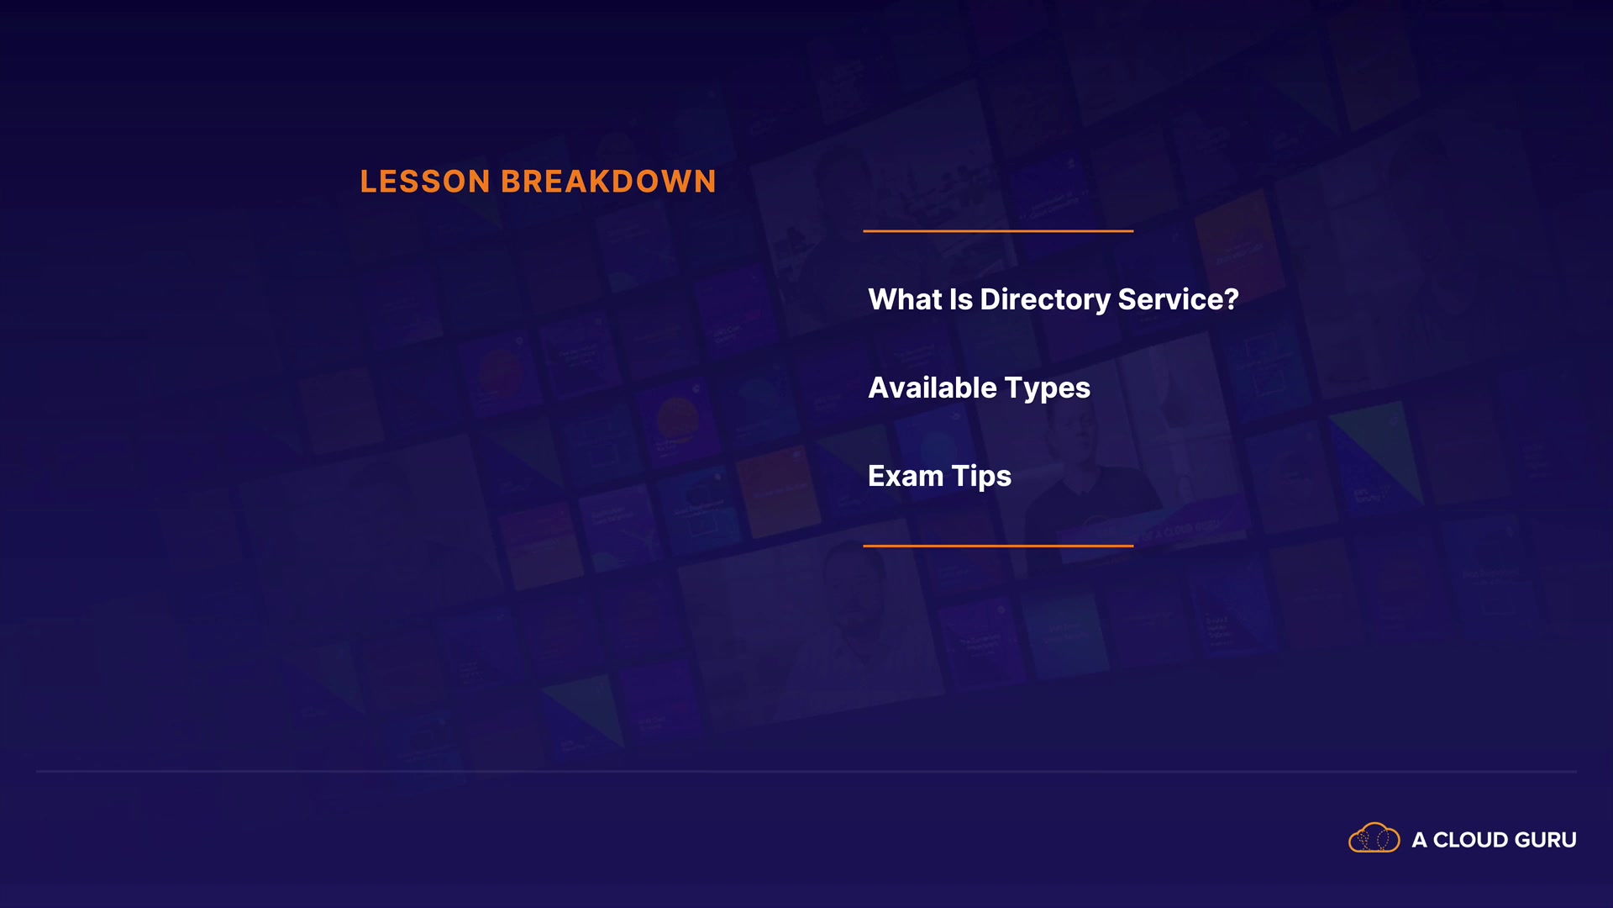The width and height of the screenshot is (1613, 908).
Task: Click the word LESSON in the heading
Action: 425,182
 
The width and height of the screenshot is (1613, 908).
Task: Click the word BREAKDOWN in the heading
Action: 609,182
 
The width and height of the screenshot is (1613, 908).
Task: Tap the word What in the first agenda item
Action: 905,299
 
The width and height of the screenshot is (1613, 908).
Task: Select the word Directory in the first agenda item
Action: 1045,301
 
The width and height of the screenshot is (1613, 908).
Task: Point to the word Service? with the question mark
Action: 1179,299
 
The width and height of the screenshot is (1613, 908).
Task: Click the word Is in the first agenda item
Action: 961,299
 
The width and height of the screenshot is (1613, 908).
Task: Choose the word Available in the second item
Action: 933,388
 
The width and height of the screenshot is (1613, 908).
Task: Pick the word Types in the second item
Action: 1048,389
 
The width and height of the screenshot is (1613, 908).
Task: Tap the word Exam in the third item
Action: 906,476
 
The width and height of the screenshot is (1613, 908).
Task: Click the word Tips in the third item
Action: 981,478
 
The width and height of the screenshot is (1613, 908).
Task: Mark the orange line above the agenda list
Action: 998,230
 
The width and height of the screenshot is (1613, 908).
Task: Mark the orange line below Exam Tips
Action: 998,546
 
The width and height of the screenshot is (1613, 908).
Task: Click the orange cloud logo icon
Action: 1374,838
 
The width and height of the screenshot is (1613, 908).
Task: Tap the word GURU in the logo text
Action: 1546,840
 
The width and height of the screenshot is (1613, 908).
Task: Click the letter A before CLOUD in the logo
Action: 1420,840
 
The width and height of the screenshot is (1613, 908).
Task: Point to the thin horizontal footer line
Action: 806,771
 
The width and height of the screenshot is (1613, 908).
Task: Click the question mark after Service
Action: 1231,299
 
